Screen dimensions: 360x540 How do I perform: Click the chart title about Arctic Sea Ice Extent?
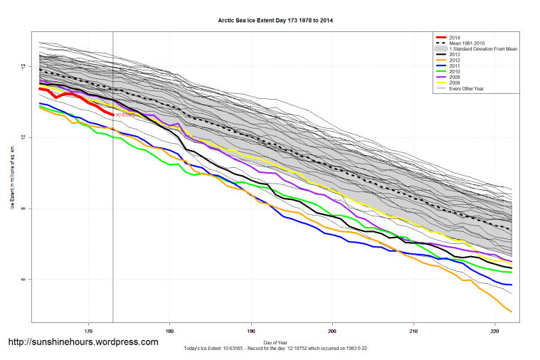tap(275, 21)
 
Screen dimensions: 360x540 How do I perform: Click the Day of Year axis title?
tap(274, 341)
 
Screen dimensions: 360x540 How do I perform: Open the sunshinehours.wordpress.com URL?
tap(83, 342)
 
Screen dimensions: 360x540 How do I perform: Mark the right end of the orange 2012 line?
tap(512, 312)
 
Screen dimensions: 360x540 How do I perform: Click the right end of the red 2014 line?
tap(112, 114)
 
